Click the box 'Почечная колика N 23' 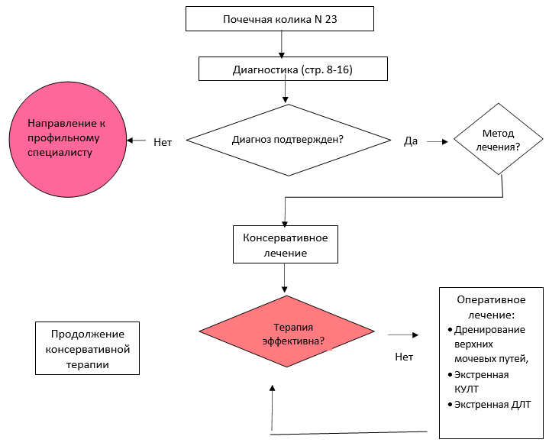[x=279, y=18]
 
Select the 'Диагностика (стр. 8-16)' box [x=292, y=69]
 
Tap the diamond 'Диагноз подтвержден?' [x=286, y=140]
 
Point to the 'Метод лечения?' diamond [x=498, y=139]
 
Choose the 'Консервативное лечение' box [x=286, y=244]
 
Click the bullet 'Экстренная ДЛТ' [x=492, y=405]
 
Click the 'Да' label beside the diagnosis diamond [x=411, y=141]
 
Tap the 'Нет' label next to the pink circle [x=162, y=141]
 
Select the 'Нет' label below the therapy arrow [x=404, y=357]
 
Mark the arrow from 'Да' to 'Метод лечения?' [x=437, y=141]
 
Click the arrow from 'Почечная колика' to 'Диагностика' [x=282, y=44]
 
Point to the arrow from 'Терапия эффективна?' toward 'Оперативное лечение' [x=403, y=334]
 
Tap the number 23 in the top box [x=331, y=19]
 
